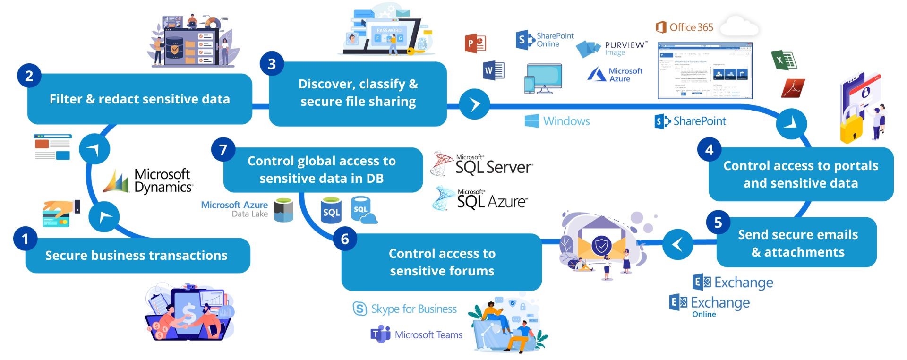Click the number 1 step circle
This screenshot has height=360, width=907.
click(26, 239)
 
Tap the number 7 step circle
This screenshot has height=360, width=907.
click(223, 150)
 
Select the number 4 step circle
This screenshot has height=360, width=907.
click(709, 150)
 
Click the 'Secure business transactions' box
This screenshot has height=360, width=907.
click(137, 256)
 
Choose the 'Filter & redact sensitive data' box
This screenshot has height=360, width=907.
click(139, 99)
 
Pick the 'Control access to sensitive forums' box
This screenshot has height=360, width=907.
click(442, 262)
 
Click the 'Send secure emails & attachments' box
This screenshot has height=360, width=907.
click(797, 243)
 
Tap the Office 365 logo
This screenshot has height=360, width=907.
click(685, 27)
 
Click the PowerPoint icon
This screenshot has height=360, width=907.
click(475, 43)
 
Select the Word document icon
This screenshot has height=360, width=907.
click(494, 71)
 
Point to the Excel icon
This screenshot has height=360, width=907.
click(783, 60)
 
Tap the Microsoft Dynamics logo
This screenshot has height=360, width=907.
click(148, 181)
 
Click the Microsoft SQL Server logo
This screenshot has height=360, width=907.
click(482, 164)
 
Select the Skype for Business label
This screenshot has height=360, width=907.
click(405, 309)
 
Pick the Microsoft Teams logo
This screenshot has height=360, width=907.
click(416, 334)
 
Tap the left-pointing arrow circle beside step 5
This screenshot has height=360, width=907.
click(677, 244)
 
